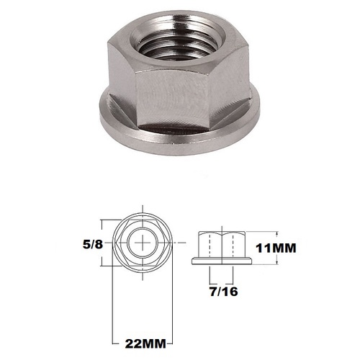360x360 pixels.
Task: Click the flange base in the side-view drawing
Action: (x=222, y=262)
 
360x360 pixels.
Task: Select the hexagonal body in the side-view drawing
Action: (x=222, y=241)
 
